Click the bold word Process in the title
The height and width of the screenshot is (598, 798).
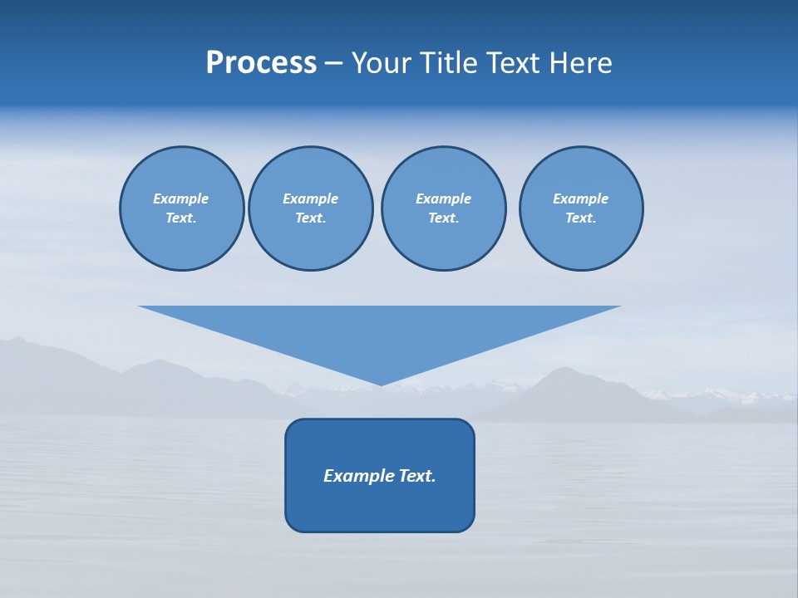point(261,63)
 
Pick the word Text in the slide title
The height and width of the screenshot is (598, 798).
point(514,63)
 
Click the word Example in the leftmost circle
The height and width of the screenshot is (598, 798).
point(181,199)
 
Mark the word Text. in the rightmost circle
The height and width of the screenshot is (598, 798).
point(580,218)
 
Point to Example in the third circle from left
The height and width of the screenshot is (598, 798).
point(443,199)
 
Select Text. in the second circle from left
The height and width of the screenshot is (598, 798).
point(310,218)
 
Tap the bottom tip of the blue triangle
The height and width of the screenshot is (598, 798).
point(381,383)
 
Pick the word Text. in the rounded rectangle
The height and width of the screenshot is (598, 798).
point(416,476)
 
